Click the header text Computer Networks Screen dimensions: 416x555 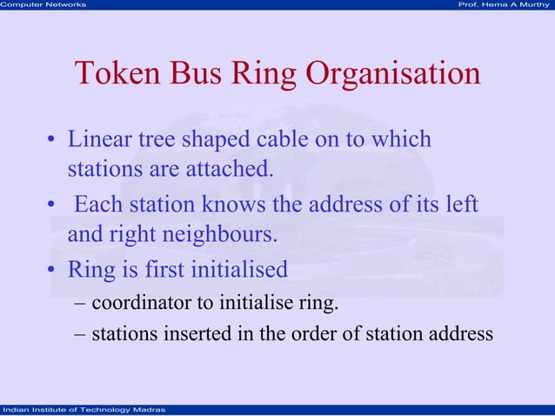click(x=43, y=5)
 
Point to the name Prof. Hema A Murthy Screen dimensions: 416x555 click(x=504, y=5)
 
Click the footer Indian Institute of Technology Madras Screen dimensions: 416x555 click(x=79, y=410)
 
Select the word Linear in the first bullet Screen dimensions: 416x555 click(x=97, y=139)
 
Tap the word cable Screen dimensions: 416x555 click(x=288, y=139)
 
